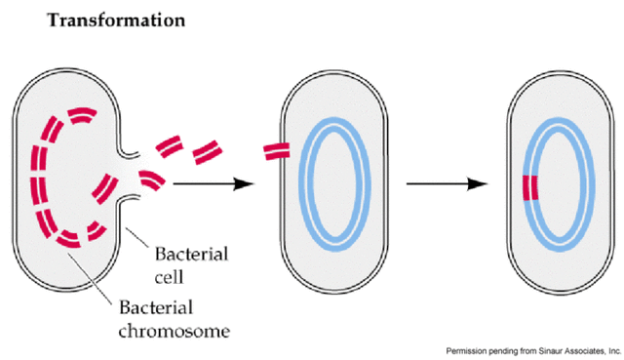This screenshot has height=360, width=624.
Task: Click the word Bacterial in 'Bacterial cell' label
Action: coord(192,255)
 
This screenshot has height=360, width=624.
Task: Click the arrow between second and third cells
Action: coord(445,183)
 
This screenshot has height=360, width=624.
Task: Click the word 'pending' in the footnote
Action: coord(507,348)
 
